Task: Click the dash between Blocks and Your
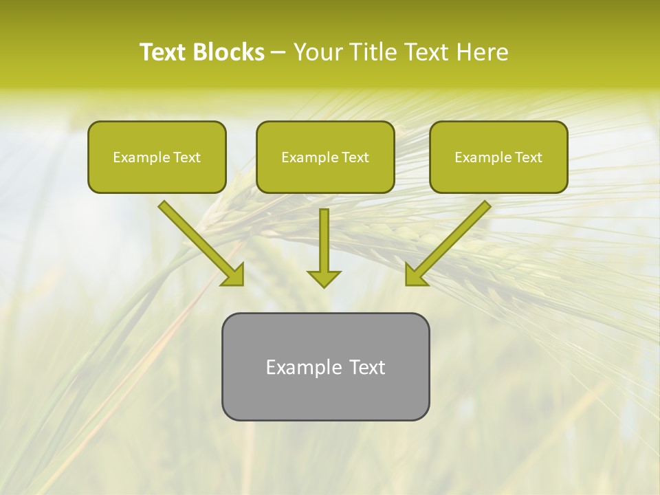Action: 278,53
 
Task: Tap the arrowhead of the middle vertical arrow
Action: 324,278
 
